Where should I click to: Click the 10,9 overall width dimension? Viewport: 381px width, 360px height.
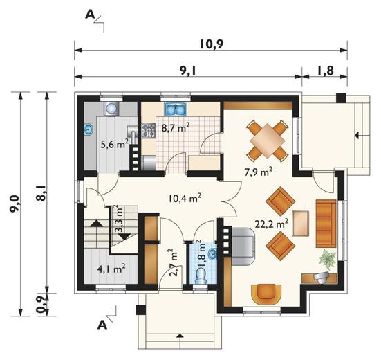click(x=212, y=44)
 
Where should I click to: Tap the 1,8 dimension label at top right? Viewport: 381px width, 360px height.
click(x=324, y=71)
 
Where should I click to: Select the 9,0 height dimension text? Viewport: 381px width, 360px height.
click(x=15, y=204)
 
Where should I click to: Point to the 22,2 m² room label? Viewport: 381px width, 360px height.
click(x=272, y=224)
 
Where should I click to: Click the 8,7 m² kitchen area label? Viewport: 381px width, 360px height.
click(x=176, y=127)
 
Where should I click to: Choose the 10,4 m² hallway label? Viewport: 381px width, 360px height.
click(x=185, y=198)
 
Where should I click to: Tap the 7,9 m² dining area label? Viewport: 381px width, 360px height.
click(x=258, y=172)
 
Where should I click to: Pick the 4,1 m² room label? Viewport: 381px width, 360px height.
click(x=111, y=269)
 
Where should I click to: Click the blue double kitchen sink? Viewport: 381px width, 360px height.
click(x=176, y=109)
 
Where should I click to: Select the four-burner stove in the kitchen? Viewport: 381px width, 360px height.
click(x=149, y=130)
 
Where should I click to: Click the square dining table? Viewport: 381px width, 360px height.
click(x=268, y=141)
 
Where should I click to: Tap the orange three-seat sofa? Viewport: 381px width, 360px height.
click(x=326, y=224)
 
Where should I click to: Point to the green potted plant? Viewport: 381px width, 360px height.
click(x=328, y=260)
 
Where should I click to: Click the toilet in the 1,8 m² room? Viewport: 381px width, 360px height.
click(x=201, y=276)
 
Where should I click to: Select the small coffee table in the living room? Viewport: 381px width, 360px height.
click(x=301, y=224)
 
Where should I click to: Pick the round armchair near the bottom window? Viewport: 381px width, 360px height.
click(x=266, y=294)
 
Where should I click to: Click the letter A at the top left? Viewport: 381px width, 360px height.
click(x=90, y=15)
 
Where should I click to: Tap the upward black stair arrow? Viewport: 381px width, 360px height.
click(x=96, y=224)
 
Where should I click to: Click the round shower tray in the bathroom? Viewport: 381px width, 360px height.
click(x=112, y=108)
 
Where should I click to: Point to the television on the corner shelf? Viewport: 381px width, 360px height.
click(x=322, y=278)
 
